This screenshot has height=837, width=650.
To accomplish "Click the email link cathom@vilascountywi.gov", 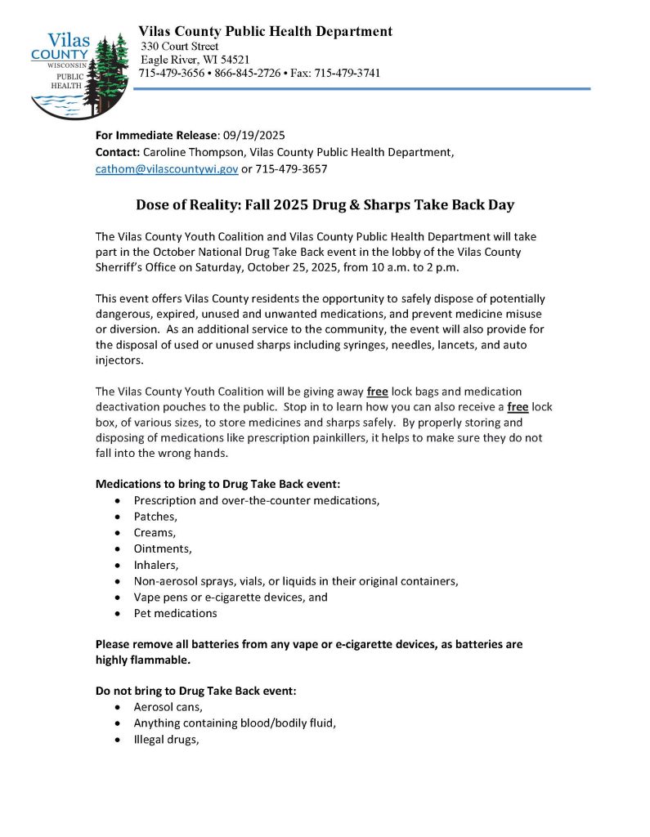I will (167, 169).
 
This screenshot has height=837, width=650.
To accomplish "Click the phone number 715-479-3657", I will (290, 169).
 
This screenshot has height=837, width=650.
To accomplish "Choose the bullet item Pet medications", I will (175, 612).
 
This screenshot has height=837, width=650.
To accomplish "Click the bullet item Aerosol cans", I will (168, 707).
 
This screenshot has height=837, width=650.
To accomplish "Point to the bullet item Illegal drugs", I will (166, 739).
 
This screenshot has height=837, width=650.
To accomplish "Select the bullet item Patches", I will (155, 517).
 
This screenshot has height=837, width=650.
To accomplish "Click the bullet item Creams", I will (154, 533).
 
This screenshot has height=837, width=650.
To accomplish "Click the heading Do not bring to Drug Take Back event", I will (195, 691).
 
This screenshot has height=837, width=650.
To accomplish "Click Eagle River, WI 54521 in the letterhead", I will (195, 60).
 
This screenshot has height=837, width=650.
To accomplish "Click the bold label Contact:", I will (118, 152).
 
